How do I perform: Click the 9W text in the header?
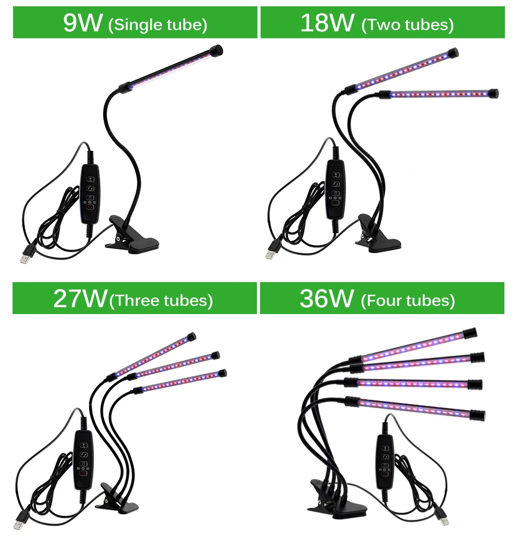pos(82,23)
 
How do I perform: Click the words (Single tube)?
pos(157,25)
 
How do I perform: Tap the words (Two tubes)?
pos(407,25)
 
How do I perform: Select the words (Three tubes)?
pos(161,300)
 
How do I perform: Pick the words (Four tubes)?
pos(408,300)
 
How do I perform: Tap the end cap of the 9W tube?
pos(216,51)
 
